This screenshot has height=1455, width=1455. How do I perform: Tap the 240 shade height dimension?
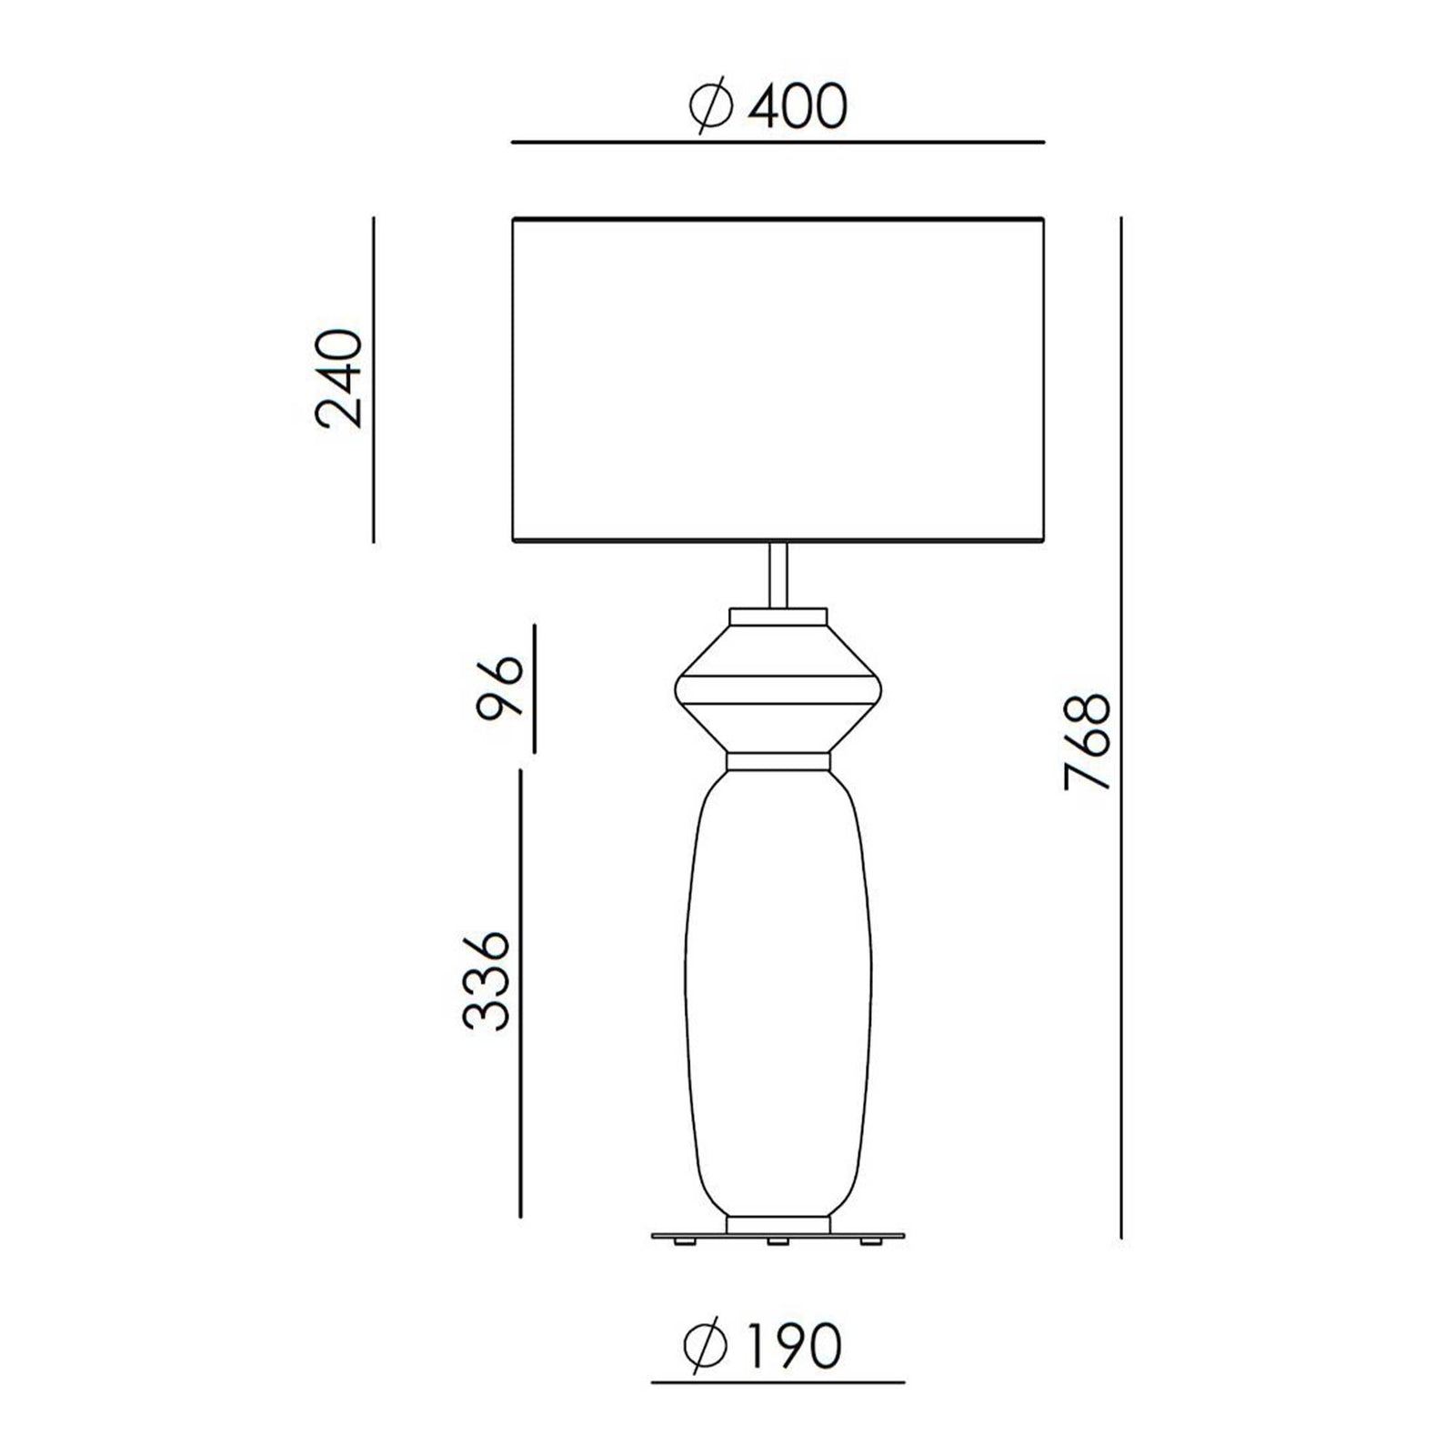[x=338, y=378]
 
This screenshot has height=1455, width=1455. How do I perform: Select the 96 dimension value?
[x=500, y=687]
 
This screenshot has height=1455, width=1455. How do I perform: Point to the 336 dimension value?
[x=485, y=979]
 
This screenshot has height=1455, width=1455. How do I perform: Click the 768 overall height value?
[x=1088, y=742]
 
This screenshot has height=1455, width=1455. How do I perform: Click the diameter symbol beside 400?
[x=710, y=106]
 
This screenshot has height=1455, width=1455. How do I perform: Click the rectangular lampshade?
[x=778, y=380]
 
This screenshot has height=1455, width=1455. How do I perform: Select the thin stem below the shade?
[x=778, y=576]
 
